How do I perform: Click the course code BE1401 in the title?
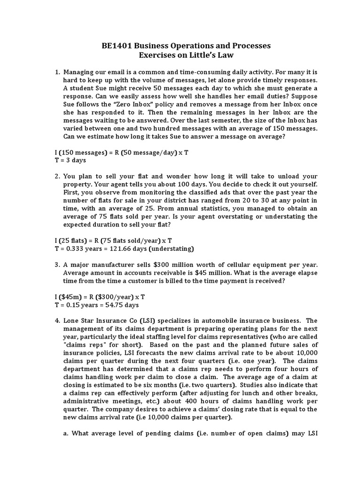tap(118, 46)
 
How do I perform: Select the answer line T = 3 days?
tap(71, 160)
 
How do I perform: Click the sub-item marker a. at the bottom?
tap(66, 433)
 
